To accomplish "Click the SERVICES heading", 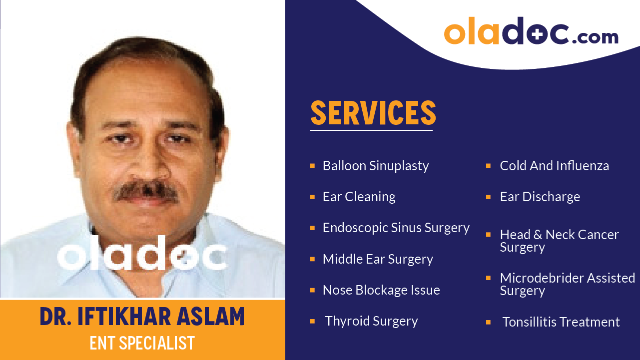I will coord(373,113).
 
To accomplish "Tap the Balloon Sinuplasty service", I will coord(376,166).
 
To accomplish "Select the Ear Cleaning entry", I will coord(359,197).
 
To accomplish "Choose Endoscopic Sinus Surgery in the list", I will coord(396,228).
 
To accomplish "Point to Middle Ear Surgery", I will coord(378,259).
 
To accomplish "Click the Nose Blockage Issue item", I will coord(381,290).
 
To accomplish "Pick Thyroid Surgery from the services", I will coord(371,321).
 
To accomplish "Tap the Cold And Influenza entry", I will coord(554,166).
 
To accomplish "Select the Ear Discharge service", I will coord(540,197).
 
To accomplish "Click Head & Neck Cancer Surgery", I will coord(559,241).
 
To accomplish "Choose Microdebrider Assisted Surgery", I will coord(567,284).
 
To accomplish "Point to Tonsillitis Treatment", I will coord(561,322).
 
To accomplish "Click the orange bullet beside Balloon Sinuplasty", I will coord(312,165).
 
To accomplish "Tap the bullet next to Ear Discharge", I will coord(488,197).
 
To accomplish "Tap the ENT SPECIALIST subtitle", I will coord(142,343).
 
